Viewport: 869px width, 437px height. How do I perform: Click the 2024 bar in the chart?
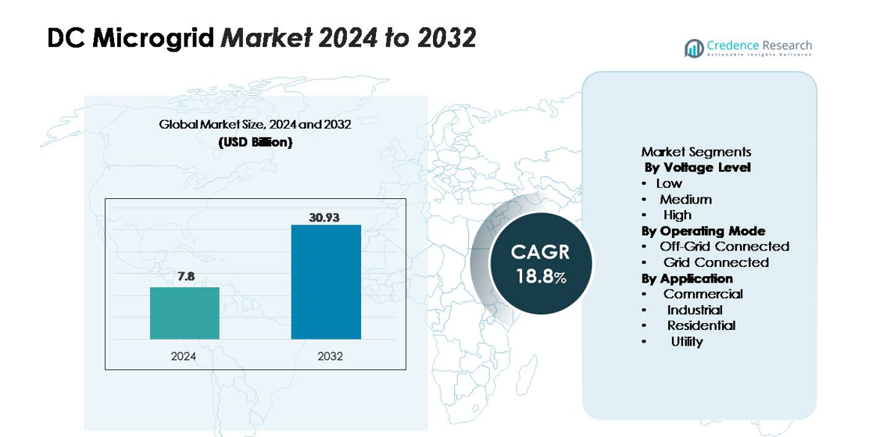tap(184, 313)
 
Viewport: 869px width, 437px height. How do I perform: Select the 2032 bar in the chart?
tap(326, 282)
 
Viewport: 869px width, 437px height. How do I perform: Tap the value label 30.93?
tap(325, 218)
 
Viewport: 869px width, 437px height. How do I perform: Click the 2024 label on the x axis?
tap(184, 357)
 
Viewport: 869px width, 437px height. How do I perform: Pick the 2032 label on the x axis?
tap(330, 357)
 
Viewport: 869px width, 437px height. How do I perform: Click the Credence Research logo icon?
tap(694, 48)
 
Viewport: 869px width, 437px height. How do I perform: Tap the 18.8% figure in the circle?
tap(540, 276)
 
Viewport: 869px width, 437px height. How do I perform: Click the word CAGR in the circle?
tap(540, 252)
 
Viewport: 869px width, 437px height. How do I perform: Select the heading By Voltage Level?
tap(697, 168)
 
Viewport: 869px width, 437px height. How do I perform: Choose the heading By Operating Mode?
tap(703, 231)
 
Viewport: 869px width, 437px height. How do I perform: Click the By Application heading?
tap(687, 279)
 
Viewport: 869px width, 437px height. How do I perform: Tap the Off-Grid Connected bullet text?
tap(724, 247)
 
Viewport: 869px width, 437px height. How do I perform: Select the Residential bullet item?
tap(700, 325)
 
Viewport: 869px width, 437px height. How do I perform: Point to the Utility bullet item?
tap(686, 341)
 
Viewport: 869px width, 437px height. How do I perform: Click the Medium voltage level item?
tap(685, 199)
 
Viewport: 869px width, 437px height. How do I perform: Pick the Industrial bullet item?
tap(694, 310)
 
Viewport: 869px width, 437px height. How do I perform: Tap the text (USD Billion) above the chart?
tap(255, 143)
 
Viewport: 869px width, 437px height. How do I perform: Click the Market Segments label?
tap(696, 152)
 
